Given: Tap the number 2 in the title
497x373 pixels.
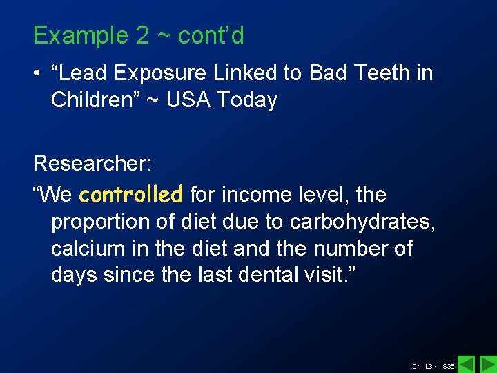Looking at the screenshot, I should point(142,35).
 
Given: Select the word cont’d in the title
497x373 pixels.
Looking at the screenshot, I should point(211,35).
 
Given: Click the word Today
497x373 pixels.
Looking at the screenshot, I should point(247,100).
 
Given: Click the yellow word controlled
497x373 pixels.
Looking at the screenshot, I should point(131,195).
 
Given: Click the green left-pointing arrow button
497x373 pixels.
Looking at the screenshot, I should point(467,364).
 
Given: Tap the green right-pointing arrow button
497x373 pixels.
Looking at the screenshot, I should point(488,364).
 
